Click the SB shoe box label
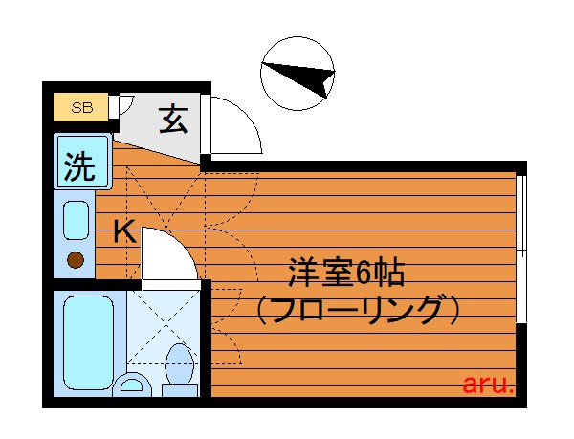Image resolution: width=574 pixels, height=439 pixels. pyautogui.click(x=82, y=107)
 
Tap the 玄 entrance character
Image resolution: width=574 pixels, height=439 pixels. pyautogui.click(x=173, y=120)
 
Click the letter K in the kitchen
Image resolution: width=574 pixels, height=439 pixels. pyautogui.click(x=124, y=231)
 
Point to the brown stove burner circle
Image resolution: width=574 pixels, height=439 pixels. pyautogui.click(x=76, y=260)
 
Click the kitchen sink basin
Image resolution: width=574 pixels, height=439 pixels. pyautogui.click(x=77, y=221)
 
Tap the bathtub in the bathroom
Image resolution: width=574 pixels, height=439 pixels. pyautogui.click(x=88, y=343)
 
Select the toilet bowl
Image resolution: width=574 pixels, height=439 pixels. pyautogui.click(x=179, y=364)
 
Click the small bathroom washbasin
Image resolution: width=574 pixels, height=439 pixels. pyautogui.click(x=132, y=384)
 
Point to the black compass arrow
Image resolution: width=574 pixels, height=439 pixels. pyautogui.click(x=300, y=77)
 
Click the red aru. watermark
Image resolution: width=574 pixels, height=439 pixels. pyautogui.click(x=488, y=384)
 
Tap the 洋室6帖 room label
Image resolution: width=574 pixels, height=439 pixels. pyautogui.click(x=346, y=273)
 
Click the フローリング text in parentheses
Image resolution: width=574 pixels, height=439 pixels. pyautogui.click(x=357, y=310)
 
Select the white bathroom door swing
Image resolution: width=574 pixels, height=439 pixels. pyautogui.click(x=170, y=253)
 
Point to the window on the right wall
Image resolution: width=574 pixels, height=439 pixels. pyautogui.click(x=521, y=249)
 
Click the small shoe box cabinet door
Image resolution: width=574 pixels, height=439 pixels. pyautogui.click(x=122, y=105)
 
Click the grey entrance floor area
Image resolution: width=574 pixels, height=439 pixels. pyautogui.click(x=161, y=126)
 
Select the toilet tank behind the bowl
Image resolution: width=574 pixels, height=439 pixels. pyautogui.click(x=180, y=391)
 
